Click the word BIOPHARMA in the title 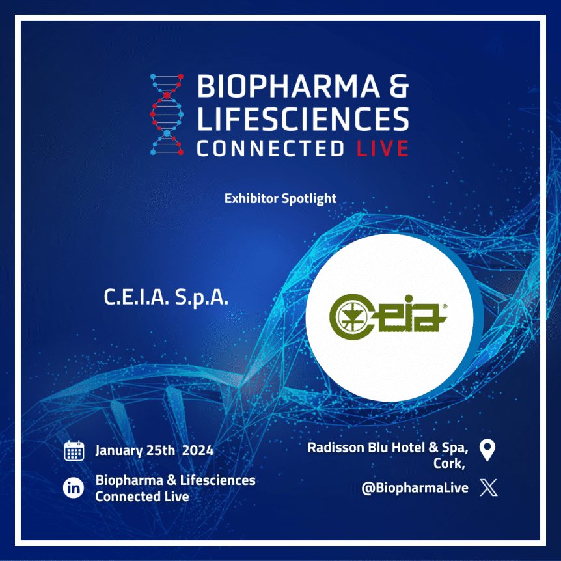click(288, 86)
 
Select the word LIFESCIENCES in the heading click(303, 118)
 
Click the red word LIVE click(383, 148)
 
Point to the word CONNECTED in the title click(271, 148)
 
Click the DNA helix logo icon click(167, 115)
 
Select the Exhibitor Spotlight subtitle click(280, 198)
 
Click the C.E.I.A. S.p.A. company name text click(166, 297)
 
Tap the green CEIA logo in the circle click(388, 317)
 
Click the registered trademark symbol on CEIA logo click(445, 307)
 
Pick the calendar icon click(74, 450)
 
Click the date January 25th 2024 click(154, 450)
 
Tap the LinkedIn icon click(74, 488)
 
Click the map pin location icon click(487, 450)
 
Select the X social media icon click(488, 487)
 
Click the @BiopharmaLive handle click(415, 488)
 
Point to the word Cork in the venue click(449, 463)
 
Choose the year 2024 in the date click(197, 450)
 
